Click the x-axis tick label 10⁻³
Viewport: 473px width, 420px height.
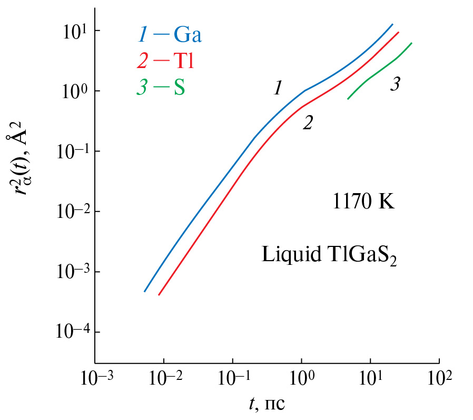pos(95,380)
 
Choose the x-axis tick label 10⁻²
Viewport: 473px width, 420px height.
pos(164,380)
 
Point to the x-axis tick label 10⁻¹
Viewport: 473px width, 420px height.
pos(233,380)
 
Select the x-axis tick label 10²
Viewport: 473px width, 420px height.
pos(440,380)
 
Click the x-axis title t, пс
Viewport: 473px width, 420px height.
pos(267,405)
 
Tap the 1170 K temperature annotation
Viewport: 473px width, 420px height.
pos(363,202)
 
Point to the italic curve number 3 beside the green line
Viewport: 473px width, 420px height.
pos(395,84)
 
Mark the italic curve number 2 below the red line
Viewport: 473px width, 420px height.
pos(308,123)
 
